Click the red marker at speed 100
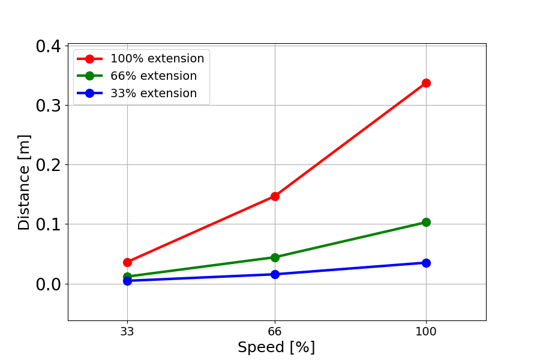click(x=426, y=83)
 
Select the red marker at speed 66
click(x=275, y=196)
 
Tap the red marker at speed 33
click(x=127, y=262)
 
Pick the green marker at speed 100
click(x=426, y=222)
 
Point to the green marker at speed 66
click(x=275, y=257)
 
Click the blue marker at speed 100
click(x=426, y=263)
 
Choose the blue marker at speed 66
click(x=275, y=274)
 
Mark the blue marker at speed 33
click(x=127, y=281)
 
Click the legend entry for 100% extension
click(x=157, y=59)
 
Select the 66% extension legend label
click(x=153, y=76)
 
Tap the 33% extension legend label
click(x=153, y=94)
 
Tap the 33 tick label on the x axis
click(x=127, y=330)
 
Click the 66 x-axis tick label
click(x=275, y=330)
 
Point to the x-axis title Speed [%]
click(x=276, y=347)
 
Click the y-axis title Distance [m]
click(x=24, y=182)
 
